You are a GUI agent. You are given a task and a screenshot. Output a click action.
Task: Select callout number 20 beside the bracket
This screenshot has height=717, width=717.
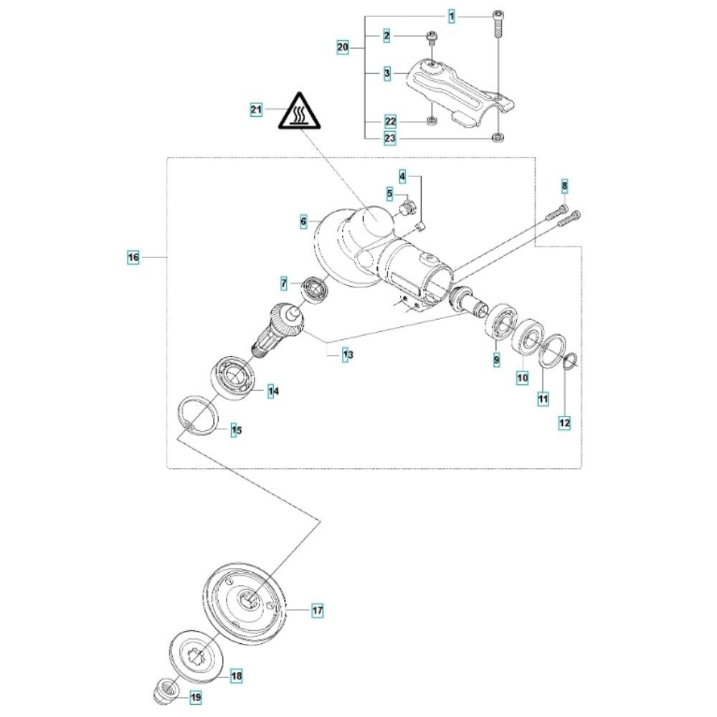(x=342, y=48)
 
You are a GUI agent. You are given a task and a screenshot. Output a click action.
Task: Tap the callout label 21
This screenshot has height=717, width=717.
(x=256, y=110)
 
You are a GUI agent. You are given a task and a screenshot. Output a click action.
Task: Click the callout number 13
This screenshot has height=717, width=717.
(x=347, y=354)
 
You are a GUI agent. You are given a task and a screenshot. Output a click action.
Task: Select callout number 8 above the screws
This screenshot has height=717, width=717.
(x=564, y=187)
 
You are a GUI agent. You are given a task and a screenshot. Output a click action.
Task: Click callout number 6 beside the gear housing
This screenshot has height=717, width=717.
(x=304, y=222)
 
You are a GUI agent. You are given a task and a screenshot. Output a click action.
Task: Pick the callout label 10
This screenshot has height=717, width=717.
(x=523, y=376)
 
